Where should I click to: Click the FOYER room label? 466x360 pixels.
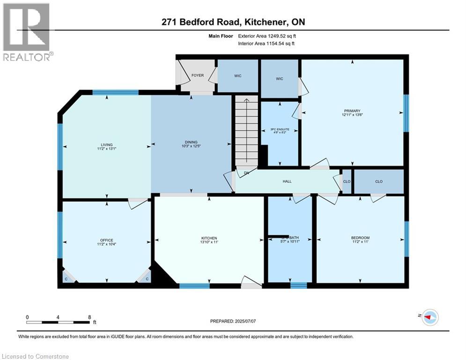[197, 75]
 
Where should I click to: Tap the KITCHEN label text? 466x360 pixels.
[209, 238]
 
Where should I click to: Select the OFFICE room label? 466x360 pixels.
[106, 240]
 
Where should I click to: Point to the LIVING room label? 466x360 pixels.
[106, 145]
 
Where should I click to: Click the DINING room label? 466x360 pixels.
[191, 142]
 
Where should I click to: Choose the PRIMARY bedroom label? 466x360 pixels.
[351, 111]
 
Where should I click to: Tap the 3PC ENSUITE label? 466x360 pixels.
[280, 129]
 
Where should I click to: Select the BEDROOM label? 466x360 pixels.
[361, 238]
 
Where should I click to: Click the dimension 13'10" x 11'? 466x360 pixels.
[209, 242]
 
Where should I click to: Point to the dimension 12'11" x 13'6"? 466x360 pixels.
[351, 115]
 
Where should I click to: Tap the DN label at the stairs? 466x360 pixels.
[246, 173]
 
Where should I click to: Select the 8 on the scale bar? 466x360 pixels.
[89, 317]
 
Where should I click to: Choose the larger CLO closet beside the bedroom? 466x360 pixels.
[378, 181]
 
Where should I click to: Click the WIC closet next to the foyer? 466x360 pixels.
[238, 75]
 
